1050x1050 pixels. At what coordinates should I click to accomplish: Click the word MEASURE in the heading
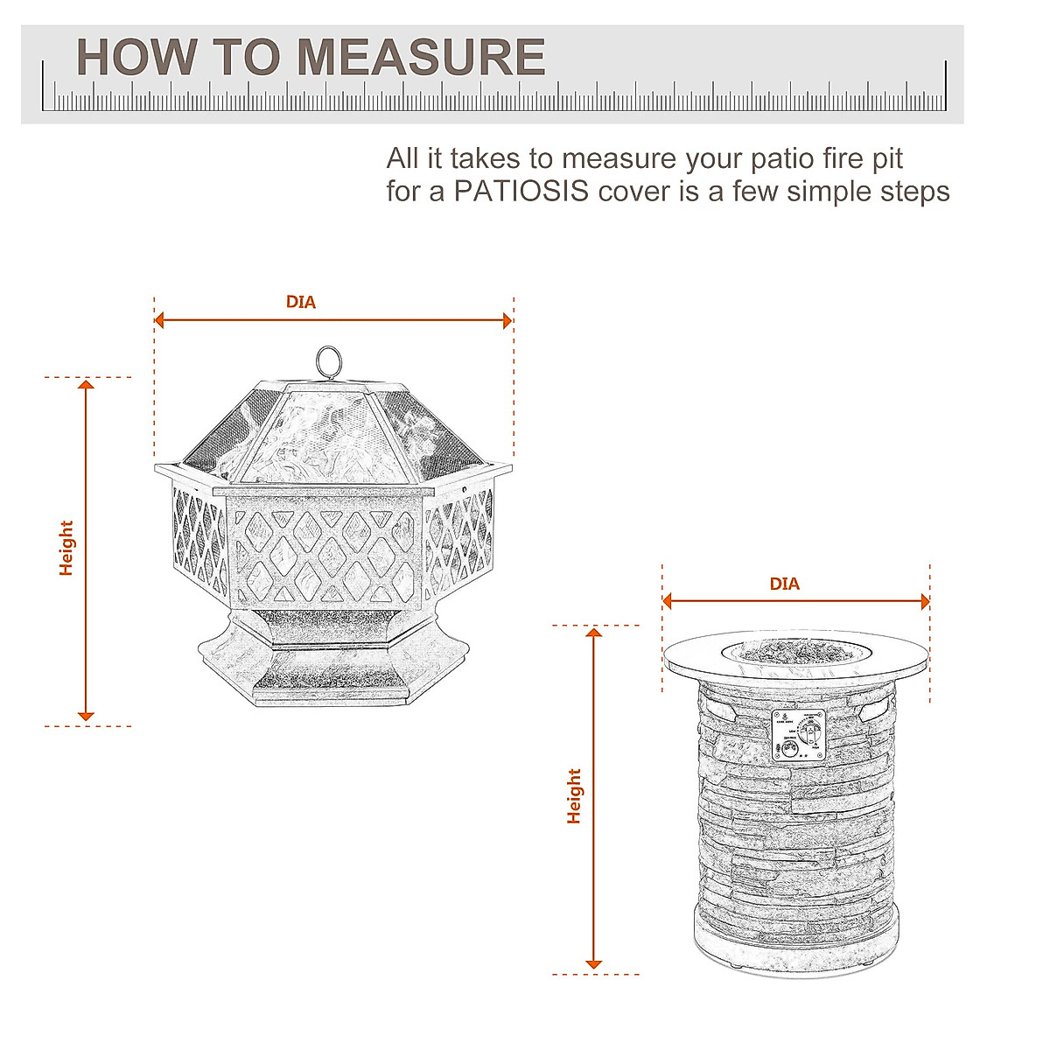(421, 58)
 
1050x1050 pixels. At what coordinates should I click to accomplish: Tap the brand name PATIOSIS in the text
(521, 191)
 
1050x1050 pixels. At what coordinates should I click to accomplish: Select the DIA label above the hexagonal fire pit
(300, 302)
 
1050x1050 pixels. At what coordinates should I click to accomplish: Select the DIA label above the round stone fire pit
(784, 584)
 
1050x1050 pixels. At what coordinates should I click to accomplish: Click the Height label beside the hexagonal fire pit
(66, 548)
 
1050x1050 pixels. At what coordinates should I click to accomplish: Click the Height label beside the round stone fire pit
(574, 795)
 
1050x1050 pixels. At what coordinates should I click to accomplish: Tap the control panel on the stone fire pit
(799, 734)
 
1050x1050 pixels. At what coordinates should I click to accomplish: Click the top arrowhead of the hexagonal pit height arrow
(86, 385)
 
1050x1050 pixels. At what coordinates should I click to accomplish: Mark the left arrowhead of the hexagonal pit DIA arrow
(160, 320)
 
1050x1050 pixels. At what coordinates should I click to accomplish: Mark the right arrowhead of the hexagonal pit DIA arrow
(507, 320)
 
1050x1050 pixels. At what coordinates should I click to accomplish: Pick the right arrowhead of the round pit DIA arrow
(923, 601)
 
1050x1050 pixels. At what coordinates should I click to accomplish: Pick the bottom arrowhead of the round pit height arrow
(594, 962)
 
